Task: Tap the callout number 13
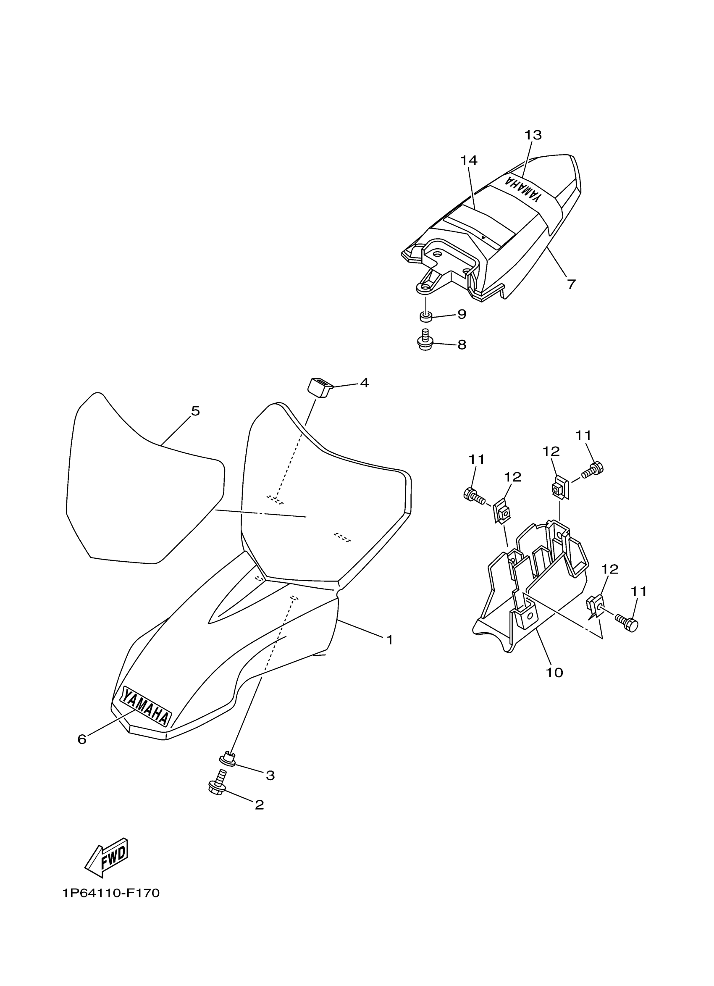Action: [x=533, y=135]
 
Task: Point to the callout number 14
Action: [x=469, y=160]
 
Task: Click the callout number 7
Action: [x=572, y=284]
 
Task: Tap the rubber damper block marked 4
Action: [x=320, y=387]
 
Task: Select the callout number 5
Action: [x=196, y=411]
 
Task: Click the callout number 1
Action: [x=390, y=639]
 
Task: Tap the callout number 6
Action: [x=82, y=739]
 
